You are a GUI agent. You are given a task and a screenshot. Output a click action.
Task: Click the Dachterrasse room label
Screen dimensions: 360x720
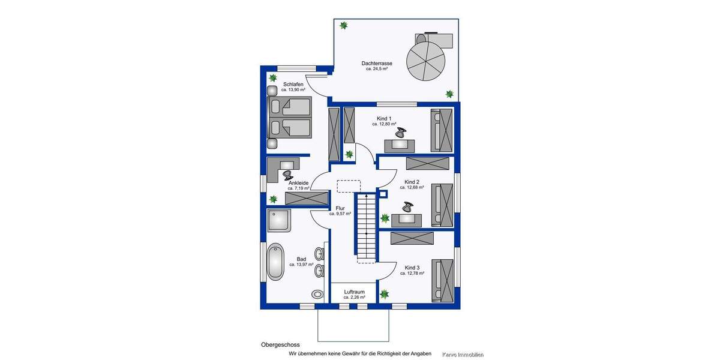click(377, 63)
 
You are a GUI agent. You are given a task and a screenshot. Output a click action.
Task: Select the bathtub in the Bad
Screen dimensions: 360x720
click(275, 262)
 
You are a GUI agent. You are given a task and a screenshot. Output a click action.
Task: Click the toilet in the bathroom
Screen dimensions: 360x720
click(317, 294)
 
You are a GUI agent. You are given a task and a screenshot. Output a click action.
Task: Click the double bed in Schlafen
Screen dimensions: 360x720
click(289, 118)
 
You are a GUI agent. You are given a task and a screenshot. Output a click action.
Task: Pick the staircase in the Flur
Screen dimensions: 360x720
click(365, 227)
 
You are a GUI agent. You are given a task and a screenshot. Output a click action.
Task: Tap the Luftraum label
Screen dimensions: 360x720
click(354, 292)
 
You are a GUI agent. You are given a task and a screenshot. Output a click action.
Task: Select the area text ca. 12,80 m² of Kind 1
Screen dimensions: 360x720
click(384, 124)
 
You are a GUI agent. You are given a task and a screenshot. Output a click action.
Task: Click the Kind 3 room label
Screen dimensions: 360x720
click(412, 267)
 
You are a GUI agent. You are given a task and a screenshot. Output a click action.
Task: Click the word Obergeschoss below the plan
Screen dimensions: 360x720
click(280, 345)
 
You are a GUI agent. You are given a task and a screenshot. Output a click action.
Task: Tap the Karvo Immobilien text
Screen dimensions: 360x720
click(463, 355)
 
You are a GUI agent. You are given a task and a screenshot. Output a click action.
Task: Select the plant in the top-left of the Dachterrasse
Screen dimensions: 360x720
click(344, 25)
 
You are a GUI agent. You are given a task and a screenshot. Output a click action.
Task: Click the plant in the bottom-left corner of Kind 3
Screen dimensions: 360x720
click(384, 294)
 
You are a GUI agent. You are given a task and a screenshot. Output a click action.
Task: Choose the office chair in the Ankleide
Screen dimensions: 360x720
click(287, 174)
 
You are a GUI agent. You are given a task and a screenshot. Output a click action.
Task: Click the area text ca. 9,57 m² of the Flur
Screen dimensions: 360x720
click(339, 214)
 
